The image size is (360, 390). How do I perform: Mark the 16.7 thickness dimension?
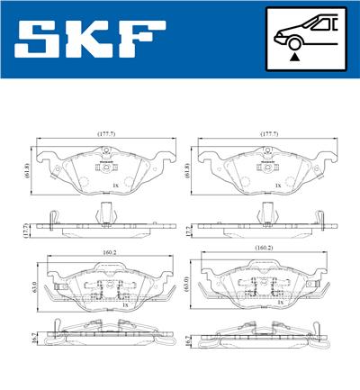coord(187,340)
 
